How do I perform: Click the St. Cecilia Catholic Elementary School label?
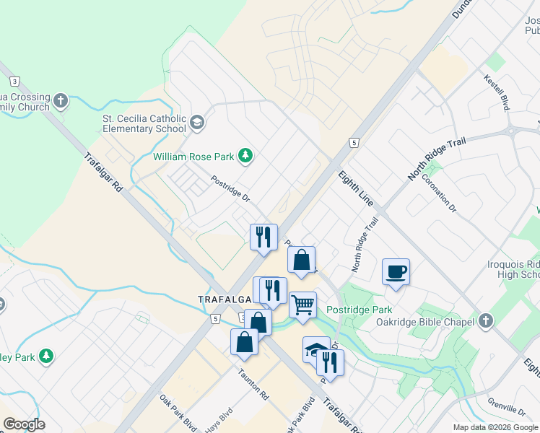pos(144,124)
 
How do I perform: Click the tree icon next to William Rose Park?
pos(246,156)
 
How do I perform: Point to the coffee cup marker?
pos(396,272)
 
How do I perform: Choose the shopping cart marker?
pos(303,304)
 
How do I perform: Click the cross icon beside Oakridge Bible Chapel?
pos(487,320)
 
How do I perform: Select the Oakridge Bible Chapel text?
pos(424,321)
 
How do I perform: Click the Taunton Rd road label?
pos(254,387)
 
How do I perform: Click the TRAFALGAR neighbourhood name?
pos(225,298)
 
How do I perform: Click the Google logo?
pos(24,424)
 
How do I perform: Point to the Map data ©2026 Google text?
pos(495,427)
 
